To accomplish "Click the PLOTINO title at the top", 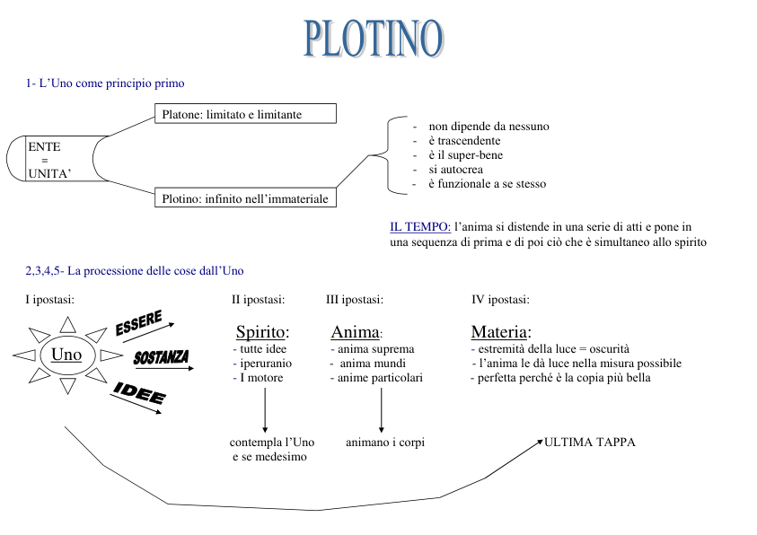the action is click(x=374, y=39).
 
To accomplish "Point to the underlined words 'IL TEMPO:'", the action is click(x=420, y=227).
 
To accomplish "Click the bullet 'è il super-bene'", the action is click(x=465, y=155).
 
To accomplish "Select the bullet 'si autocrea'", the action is click(x=455, y=170).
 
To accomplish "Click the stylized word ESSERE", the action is click(x=138, y=323).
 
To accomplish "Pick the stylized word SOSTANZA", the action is click(x=161, y=357).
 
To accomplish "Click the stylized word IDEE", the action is click(x=139, y=392).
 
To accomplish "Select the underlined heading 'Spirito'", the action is click(x=260, y=332).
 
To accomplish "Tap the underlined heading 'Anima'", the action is click(x=355, y=332).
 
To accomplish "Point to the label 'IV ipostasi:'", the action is click(x=500, y=300).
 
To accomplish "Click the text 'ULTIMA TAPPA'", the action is click(x=589, y=442).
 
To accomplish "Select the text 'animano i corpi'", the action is click(x=385, y=442).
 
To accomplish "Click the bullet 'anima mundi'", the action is click(x=373, y=364).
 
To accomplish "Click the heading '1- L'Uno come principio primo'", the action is click(x=105, y=83).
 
